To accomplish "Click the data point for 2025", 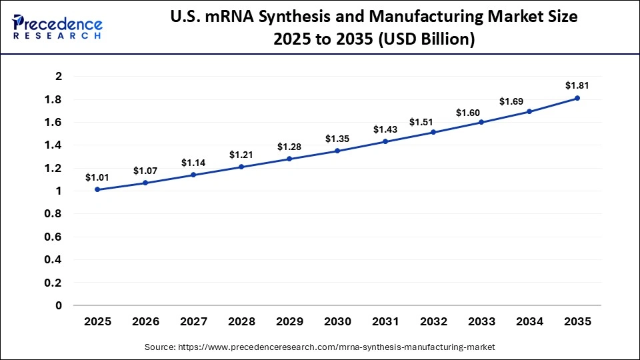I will tap(97, 189).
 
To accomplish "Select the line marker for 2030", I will tap(337, 151).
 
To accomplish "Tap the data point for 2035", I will tap(577, 98).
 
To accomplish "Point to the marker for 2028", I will tap(241, 167).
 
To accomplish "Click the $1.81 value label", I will tap(577, 85).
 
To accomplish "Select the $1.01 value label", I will tap(97, 177).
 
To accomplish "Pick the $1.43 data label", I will tap(385, 129).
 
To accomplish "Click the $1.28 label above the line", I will tap(289, 147).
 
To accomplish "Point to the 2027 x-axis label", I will tap(193, 321).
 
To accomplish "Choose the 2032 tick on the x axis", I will tap(433, 321).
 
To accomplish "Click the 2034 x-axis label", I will tap(529, 321).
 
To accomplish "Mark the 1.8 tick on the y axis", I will tap(54, 99).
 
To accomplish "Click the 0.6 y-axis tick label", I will tap(54, 237).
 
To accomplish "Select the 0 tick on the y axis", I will tap(59, 305).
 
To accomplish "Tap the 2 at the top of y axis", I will tap(59, 77).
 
